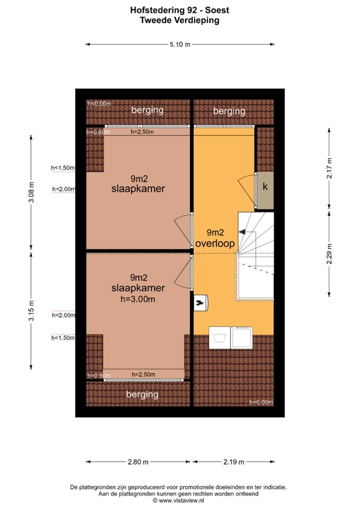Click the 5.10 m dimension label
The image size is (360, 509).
click(x=180, y=45)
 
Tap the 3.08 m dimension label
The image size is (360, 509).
click(x=31, y=192)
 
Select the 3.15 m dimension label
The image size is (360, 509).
click(x=31, y=310)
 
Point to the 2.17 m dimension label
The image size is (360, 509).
click(x=329, y=168)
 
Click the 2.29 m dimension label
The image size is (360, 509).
click(x=329, y=254)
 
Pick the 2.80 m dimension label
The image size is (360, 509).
click(x=138, y=462)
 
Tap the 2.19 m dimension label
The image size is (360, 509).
click(x=233, y=462)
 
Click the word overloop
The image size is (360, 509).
click(x=215, y=244)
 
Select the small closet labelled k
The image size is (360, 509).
click(x=265, y=190)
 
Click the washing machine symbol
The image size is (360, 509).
click(x=219, y=338)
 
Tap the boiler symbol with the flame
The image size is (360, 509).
click(x=200, y=303)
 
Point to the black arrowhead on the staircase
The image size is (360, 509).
click(x=242, y=232)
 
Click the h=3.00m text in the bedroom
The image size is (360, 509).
click(x=138, y=299)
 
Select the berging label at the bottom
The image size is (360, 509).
click(x=142, y=394)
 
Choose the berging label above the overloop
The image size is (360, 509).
click(x=229, y=111)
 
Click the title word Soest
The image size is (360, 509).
click(x=217, y=10)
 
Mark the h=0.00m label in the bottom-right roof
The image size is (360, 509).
click(x=261, y=402)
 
